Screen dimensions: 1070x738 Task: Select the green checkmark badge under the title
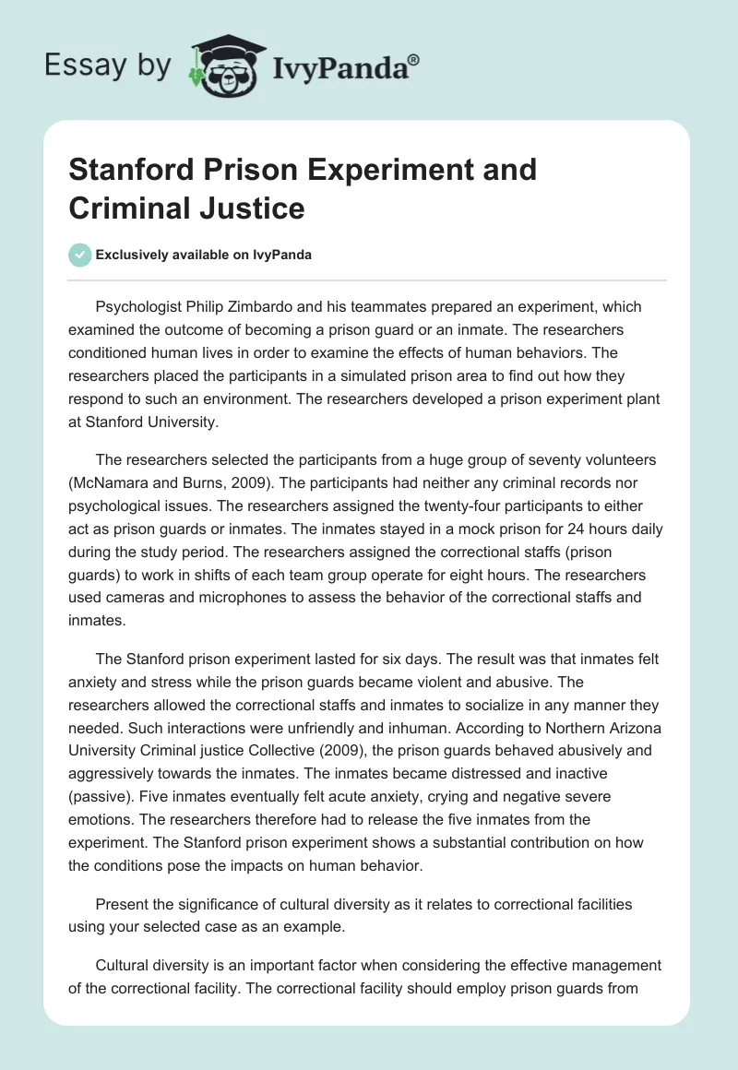tap(81, 255)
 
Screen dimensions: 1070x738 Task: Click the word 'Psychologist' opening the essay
tap(141, 306)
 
